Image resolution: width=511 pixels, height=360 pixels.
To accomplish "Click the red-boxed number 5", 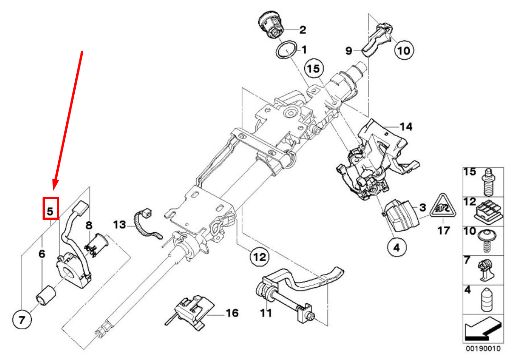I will click(x=50, y=208).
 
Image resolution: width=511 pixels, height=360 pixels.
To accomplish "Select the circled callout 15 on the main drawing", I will click(x=313, y=69).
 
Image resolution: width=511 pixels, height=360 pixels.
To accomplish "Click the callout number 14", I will click(x=405, y=127).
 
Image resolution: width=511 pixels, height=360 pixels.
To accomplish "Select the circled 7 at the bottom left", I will click(x=21, y=320).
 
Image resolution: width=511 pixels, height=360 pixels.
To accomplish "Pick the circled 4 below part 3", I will click(x=396, y=246).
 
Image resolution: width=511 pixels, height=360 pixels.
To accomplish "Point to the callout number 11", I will click(x=266, y=313).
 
